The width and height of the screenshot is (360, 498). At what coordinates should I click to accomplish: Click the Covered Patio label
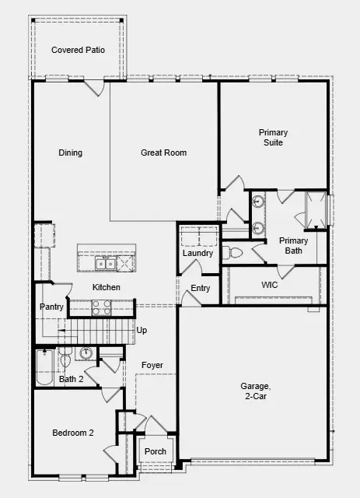pos(78,50)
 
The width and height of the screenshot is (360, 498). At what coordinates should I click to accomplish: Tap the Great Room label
pos(163,153)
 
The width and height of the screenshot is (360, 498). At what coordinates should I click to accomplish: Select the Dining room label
pos(70,153)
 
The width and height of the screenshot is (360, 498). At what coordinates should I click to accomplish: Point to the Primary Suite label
pos(273,138)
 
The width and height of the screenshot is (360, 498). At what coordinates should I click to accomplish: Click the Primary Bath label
pos(294,246)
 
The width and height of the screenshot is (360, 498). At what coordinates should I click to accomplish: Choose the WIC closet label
pos(270,286)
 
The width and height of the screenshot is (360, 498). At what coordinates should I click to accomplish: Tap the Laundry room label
pos(197,254)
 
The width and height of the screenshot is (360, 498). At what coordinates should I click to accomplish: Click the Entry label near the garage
pos(201,289)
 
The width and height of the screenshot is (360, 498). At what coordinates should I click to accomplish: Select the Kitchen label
pos(107,288)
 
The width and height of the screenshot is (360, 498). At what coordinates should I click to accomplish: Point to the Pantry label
pos(51,307)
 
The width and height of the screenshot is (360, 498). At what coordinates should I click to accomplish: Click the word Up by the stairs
pos(142,331)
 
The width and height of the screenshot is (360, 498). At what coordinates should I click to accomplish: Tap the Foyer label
pos(152,365)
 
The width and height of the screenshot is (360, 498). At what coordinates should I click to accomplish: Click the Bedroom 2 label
pos(73,433)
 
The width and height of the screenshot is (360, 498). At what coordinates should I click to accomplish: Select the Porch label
pos(155,451)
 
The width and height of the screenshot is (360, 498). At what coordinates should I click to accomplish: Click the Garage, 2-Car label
pos(256,391)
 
